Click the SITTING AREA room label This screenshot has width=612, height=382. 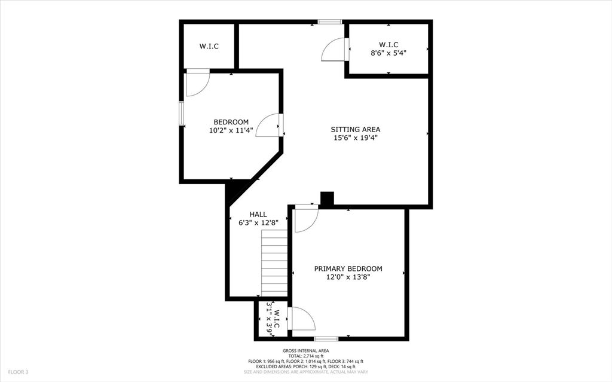click(x=356, y=129)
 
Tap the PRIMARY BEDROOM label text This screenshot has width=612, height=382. click(x=348, y=269)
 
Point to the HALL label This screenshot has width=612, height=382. click(x=258, y=214)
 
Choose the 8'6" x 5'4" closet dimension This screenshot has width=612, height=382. click(x=388, y=53)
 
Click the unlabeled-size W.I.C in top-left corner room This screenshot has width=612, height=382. click(x=209, y=46)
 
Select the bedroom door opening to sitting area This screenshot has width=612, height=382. click(x=268, y=126)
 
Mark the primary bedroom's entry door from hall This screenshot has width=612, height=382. click(x=306, y=218)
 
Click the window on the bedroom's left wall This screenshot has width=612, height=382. click(x=181, y=113)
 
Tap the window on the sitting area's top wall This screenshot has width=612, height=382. click(x=329, y=22)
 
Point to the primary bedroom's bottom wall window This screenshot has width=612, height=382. click(x=326, y=339)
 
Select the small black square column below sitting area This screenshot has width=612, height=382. click(x=327, y=199)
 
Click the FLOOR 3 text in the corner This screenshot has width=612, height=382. click(x=18, y=372)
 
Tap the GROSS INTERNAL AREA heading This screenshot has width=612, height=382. click(x=305, y=351)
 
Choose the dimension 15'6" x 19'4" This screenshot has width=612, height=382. click(x=356, y=137)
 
